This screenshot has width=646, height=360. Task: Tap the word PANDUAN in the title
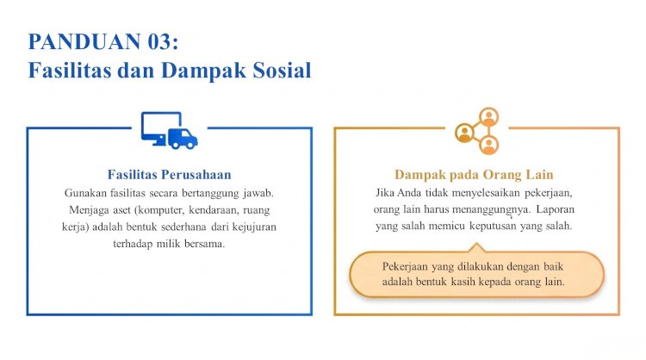[84, 42]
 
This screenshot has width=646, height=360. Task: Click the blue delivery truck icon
[183, 139]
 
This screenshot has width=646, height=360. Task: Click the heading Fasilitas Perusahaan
[170, 175]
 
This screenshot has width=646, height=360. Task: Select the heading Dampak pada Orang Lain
[474, 175]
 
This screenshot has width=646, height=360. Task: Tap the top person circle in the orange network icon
[489, 116]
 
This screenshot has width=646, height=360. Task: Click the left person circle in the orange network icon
[465, 133]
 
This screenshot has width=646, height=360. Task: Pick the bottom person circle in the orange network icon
[489, 145]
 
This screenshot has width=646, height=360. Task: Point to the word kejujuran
[254, 227]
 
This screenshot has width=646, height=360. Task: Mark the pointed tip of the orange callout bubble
[476, 244]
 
